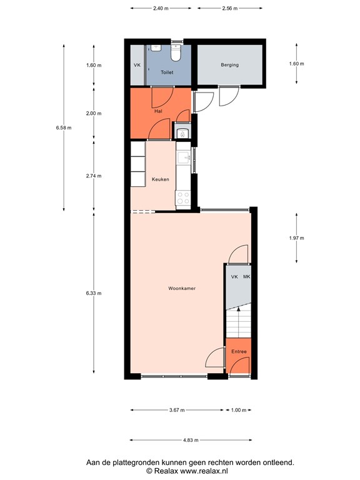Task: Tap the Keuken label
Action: tap(161, 179)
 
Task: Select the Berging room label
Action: tap(229, 65)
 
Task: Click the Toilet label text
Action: tap(167, 73)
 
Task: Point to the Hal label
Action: tap(158, 112)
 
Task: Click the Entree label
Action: tap(239, 352)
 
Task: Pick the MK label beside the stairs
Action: tap(246, 276)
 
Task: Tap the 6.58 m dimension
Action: tap(64, 128)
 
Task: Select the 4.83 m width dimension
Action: tap(190, 440)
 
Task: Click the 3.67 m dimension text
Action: tap(177, 410)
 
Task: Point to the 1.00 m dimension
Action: tap(238, 410)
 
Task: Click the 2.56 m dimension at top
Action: tap(229, 9)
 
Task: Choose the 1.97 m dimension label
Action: tap(296, 238)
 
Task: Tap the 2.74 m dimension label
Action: tap(94, 177)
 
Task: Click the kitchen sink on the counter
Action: tap(184, 158)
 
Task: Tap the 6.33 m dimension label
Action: tap(94, 292)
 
